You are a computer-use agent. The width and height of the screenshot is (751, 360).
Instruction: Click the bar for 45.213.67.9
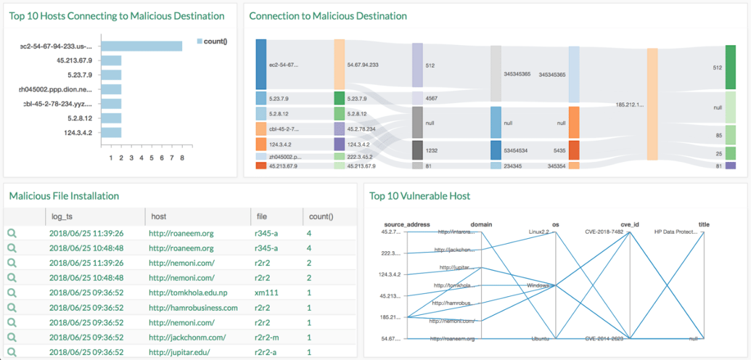[111, 61]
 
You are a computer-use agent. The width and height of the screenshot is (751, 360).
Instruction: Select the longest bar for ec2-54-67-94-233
[141, 46]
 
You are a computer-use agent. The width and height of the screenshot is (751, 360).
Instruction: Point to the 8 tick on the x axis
[182, 157]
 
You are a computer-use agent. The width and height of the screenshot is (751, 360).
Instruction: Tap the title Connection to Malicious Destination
[327, 15]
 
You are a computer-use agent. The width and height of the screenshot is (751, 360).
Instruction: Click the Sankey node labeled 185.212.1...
[652, 104]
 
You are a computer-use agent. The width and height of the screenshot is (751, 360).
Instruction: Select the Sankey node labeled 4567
[417, 98]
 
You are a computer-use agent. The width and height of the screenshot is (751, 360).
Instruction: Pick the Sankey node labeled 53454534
[496, 150]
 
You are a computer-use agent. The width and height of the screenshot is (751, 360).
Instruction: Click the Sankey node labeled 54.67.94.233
[339, 65]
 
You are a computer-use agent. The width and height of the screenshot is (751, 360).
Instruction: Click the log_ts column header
[62, 216]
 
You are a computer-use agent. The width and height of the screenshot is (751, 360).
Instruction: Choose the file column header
[262, 216]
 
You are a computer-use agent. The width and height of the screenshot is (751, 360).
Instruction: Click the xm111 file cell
[263, 292]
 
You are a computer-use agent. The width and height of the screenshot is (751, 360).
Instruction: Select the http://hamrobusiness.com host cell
[193, 308]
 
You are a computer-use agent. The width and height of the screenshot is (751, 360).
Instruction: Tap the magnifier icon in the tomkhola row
[12, 292]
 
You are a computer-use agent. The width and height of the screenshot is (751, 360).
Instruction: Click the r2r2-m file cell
[267, 337]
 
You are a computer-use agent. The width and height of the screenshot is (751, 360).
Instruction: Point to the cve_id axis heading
[628, 224]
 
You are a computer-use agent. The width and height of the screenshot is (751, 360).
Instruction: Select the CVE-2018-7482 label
[604, 232]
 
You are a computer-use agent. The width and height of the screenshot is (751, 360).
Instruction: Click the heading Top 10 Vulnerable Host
[419, 195]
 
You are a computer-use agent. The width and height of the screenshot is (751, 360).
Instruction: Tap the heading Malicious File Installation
[64, 195]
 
